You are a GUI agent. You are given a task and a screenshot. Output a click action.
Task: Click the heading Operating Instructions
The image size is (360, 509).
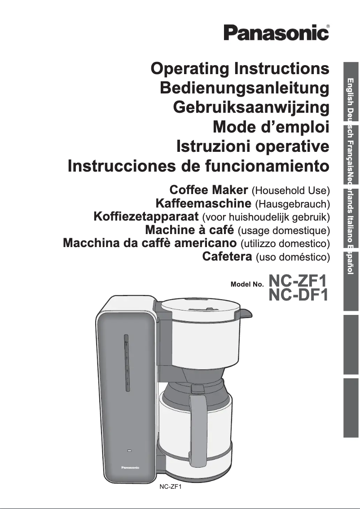240,69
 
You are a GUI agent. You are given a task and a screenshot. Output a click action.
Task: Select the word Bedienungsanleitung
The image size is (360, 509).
245,89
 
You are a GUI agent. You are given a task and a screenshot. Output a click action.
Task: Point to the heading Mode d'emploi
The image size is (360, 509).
271,128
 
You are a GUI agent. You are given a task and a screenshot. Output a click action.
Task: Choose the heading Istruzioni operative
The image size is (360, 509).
253,147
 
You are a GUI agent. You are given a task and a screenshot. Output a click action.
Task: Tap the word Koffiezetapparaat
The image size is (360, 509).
146,217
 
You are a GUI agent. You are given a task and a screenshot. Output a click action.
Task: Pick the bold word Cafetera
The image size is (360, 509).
226,257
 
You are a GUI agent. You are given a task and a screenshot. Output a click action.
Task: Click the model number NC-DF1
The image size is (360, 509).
298,296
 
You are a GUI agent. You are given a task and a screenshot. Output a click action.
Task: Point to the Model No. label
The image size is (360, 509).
246,284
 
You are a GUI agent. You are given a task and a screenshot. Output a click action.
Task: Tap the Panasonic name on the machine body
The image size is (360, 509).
130,468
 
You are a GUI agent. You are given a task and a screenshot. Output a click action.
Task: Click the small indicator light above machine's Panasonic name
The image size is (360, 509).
130,451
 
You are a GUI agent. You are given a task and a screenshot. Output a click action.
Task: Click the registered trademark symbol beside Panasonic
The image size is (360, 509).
328,27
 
